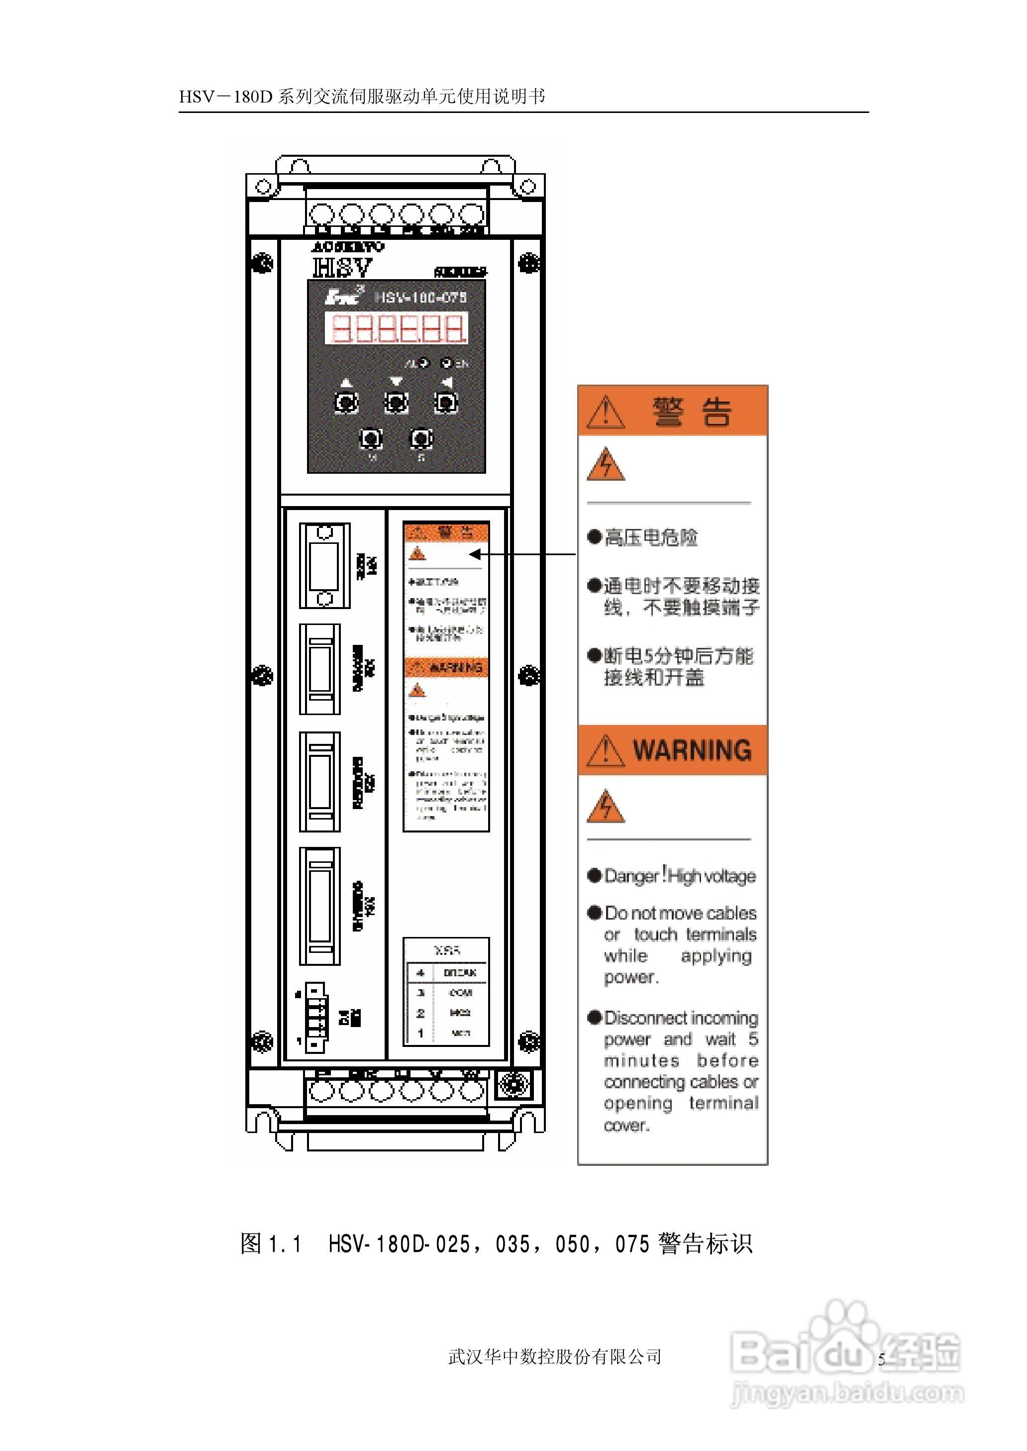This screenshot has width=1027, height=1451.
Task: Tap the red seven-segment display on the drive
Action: [397, 328]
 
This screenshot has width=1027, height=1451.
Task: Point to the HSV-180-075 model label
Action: [420, 297]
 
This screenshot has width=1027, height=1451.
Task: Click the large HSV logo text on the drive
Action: [342, 268]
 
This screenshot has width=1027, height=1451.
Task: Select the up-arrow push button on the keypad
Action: [346, 402]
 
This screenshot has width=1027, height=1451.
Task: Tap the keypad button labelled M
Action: [371, 439]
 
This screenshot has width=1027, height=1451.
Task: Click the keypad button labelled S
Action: [421, 439]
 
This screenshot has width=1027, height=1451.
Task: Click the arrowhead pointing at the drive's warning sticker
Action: [475, 554]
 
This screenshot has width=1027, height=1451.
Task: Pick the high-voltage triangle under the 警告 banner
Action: [606, 465]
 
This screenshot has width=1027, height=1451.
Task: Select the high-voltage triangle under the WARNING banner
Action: [606, 808]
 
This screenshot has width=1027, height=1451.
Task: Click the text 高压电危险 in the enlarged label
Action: [651, 537]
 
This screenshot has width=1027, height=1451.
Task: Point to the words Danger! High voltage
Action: [680, 876]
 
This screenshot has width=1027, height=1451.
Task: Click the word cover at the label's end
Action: [626, 1126]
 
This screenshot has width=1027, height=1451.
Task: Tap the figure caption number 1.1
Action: [285, 1244]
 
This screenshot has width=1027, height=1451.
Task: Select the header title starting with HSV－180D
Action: [362, 96]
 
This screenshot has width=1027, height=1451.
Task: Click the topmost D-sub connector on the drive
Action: [324, 565]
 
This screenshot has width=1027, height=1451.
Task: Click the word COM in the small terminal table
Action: [460, 993]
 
